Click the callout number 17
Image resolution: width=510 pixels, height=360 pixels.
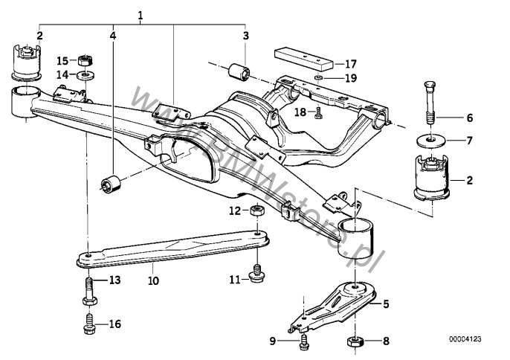click(351, 64)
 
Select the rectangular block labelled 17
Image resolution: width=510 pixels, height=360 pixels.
click(304, 60)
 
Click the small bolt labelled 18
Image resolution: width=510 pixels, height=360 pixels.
click(318, 113)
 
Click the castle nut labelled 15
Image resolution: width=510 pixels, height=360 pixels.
click(86, 60)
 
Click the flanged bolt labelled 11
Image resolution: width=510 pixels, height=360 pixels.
click(256, 274)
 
